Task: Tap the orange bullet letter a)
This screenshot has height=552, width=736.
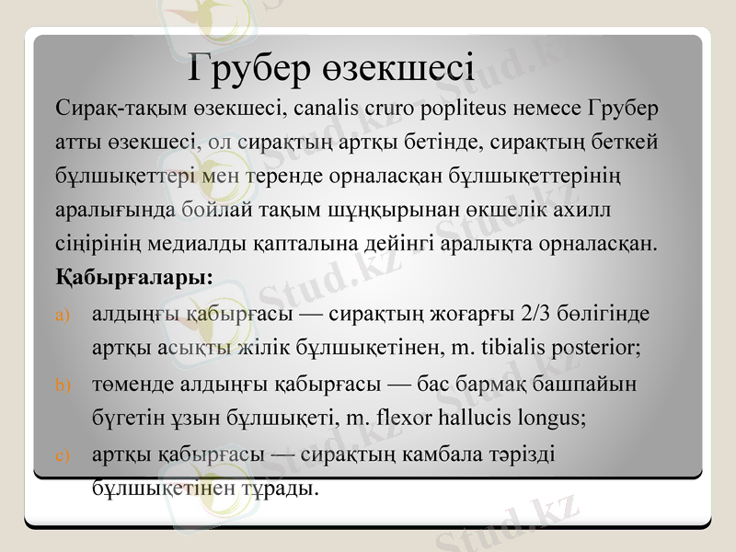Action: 63,316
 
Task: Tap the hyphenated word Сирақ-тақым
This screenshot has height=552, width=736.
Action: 114,109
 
